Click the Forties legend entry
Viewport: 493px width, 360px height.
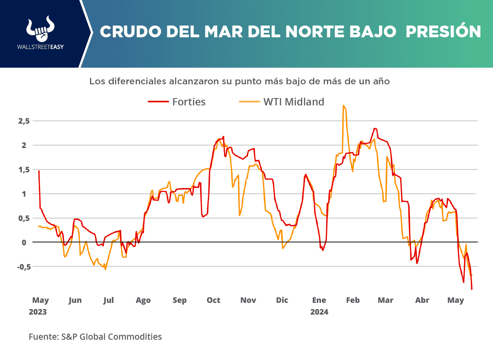pos(177,102)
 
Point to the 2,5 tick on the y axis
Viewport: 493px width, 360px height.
pos(23,121)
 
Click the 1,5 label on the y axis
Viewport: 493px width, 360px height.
pos(23,169)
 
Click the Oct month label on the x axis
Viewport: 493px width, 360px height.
pos(213,300)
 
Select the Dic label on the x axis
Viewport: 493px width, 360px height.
pos(282,300)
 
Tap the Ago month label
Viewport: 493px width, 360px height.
pos(143,300)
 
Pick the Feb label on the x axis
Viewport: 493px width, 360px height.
pos(353,300)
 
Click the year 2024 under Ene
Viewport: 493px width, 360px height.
pos(319,313)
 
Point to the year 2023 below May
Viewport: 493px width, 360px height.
pos(38,313)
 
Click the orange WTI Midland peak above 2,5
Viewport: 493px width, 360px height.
pos(343,106)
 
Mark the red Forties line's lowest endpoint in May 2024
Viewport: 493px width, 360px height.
pos(472,289)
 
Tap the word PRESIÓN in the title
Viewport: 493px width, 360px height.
pos(444,32)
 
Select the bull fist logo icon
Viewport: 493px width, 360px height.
pos(40,29)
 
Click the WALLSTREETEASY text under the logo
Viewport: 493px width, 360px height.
pos(40,47)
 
